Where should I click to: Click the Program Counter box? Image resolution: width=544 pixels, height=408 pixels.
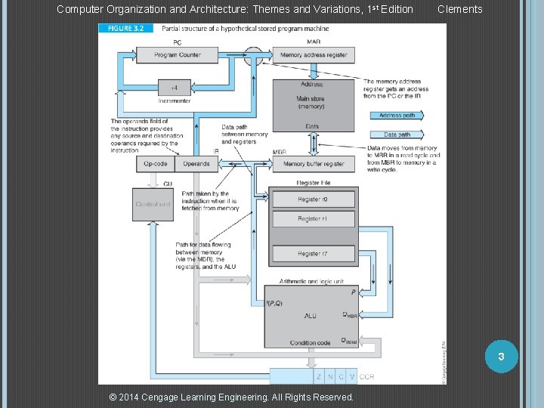(x=177, y=55)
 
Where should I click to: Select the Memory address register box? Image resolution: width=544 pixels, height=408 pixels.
(x=314, y=55)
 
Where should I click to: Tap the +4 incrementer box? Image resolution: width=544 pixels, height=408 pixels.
(x=175, y=87)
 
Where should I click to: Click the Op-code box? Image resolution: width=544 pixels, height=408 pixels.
(x=156, y=163)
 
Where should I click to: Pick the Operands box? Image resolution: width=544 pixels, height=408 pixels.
(x=196, y=163)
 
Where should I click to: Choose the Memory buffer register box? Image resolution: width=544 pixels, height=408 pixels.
(x=313, y=163)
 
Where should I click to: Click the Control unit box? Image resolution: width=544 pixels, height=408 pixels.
(x=153, y=204)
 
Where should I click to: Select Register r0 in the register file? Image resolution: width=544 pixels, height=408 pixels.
(x=313, y=199)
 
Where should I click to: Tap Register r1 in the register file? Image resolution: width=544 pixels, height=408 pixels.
(x=313, y=219)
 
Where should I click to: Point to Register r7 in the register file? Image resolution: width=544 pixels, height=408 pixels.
(x=313, y=254)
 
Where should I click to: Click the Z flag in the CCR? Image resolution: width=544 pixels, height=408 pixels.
(x=319, y=376)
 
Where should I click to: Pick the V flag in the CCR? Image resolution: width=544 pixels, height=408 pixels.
(x=352, y=376)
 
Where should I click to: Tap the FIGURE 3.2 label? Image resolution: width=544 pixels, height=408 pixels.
(x=125, y=29)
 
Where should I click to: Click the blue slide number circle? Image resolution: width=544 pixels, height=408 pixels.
(x=500, y=356)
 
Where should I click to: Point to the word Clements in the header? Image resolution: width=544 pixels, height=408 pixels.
(x=459, y=9)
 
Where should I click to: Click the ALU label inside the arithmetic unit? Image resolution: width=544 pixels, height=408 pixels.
(x=310, y=316)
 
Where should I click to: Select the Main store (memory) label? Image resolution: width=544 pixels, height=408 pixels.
(x=311, y=102)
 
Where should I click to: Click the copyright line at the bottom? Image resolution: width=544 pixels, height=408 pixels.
(x=231, y=397)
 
